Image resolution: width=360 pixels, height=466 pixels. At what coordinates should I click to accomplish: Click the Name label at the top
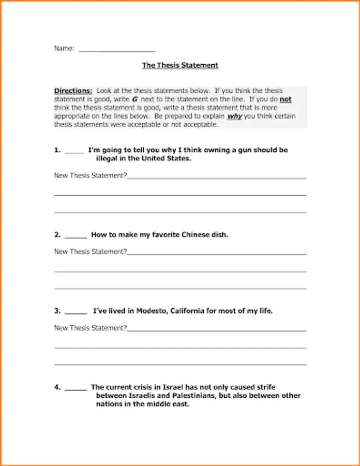tap(64, 48)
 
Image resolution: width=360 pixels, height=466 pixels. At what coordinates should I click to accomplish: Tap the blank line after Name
tap(117, 51)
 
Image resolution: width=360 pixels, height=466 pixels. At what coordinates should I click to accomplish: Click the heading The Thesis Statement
tap(180, 65)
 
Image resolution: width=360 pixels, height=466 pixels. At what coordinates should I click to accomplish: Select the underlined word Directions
tap(73, 91)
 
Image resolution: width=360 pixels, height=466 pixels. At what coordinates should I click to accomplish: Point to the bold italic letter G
tap(134, 99)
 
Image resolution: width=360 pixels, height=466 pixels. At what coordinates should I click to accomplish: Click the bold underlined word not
tap(286, 99)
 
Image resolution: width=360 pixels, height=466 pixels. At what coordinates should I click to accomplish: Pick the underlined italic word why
tap(234, 116)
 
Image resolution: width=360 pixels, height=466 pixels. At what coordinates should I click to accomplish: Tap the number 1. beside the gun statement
tap(57, 150)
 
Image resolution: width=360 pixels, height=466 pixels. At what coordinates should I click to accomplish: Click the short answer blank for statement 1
tap(74, 152)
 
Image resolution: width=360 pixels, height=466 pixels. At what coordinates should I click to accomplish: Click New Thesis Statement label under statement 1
tap(90, 176)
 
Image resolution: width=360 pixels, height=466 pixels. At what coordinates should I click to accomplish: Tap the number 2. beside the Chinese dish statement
tap(57, 235)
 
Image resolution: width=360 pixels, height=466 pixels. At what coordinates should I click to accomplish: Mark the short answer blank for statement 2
tap(76, 237)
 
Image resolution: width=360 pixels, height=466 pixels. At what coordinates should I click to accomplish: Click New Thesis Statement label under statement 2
tap(90, 252)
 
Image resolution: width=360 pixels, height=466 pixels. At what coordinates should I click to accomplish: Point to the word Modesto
tap(150, 311)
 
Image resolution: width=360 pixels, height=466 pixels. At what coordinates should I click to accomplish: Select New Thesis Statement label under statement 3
tap(90, 328)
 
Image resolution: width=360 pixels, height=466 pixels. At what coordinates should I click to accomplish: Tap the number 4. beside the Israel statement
tap(57, 387)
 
